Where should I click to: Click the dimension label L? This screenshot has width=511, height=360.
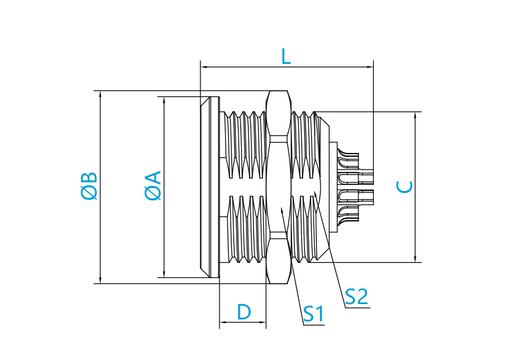point(286,57)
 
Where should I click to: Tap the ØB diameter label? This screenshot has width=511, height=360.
point(89,186)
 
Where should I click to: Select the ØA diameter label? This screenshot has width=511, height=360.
point(153,185)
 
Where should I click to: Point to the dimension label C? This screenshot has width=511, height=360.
point(405,187)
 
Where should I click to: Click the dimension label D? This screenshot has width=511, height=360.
point(244,312)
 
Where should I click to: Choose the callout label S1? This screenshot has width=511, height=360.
point(314,314)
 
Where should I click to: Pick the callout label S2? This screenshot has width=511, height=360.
point(356,297)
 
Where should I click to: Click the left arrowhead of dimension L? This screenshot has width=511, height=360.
point(204,67)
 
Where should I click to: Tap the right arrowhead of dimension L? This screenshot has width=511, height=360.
point(370,67)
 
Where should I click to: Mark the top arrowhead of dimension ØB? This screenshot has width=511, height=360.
point(100,94)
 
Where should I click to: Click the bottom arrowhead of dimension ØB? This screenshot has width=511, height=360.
point(100,280)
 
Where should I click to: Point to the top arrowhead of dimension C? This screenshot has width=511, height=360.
point(415,115)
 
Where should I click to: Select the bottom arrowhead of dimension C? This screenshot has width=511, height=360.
point(415,259)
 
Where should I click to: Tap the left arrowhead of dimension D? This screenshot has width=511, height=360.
point(223,323)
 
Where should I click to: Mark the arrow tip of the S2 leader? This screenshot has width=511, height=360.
point(314,192)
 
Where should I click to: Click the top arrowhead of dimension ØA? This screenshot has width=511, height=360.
point(164,100)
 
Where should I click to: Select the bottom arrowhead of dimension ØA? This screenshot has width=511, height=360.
point(164,274)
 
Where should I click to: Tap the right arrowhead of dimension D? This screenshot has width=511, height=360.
point(263,323)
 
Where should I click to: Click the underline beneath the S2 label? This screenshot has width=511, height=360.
point(357,307)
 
